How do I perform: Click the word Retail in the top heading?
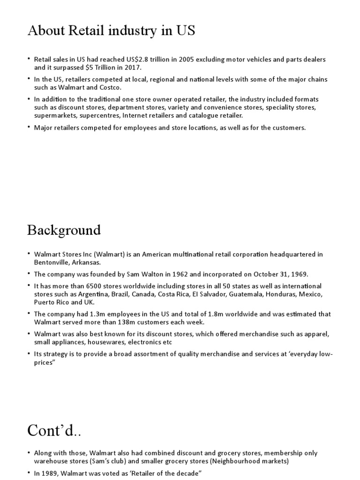(87, 31)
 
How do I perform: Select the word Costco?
(110, 87)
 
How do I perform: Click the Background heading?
(64, 230)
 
